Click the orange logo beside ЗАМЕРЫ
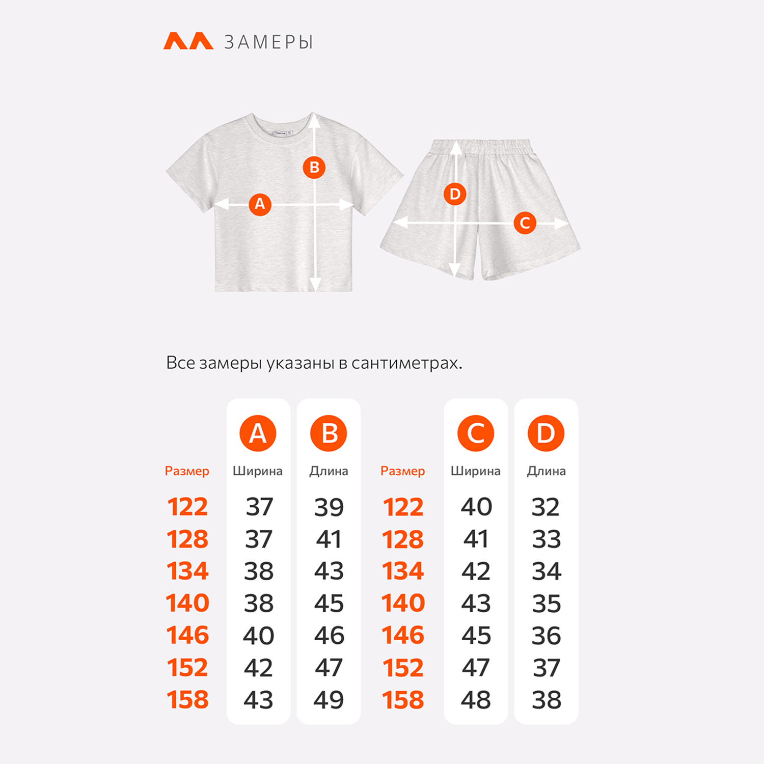(188, 41)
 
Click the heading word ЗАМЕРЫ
(268, 42)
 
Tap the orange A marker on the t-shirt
(260, 204)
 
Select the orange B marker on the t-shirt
(314, 167)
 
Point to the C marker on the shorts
(525, 223)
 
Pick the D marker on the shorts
(455, 194)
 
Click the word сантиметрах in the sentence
(407, 363)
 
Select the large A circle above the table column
(258, 433)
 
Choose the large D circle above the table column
(546, 433)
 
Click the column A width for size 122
(259, 507)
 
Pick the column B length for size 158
(329, 700)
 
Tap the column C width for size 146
(476, 636)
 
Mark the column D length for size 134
(547, 571)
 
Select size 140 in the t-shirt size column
(187, 603)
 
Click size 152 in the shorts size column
(403, 668)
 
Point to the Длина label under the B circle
(329, 471)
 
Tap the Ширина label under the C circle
(476, 471)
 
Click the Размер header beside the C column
(402, 471)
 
